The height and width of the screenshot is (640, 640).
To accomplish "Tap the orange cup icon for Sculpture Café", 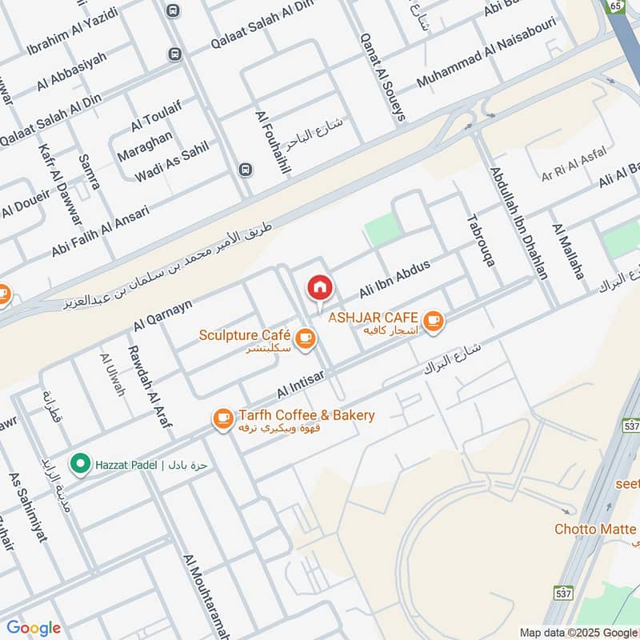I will (x=305, y=340).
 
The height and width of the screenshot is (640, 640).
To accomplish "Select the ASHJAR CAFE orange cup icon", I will (x=434, y=322).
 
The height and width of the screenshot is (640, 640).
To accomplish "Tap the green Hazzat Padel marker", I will (x=79, y=463).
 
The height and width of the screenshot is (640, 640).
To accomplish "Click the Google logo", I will (x=34, y=628).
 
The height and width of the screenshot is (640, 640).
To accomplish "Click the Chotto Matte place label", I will (x=595, y=530).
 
